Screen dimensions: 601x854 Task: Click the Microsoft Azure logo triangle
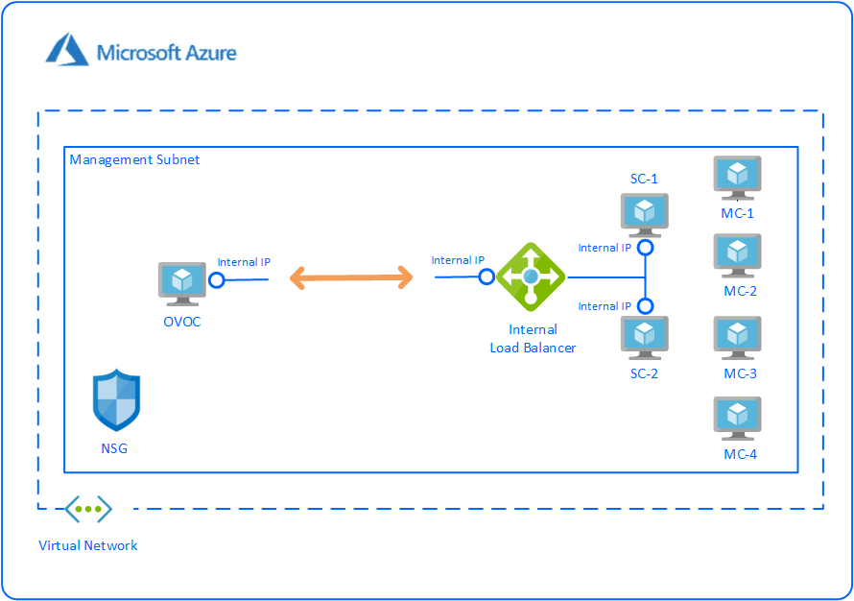(x=67, y=49)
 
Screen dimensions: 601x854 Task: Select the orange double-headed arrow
(x=351, y=278)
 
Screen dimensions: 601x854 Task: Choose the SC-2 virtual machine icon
(x=644, y=337)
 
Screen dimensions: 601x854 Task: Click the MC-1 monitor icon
(x=737, y=178)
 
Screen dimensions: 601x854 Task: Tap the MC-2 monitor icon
(x=737, y=255)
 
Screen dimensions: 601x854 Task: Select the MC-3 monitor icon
(x=737, y=337)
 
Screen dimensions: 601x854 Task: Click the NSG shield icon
(x=116, y=400)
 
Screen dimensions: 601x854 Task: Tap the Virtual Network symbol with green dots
(x=88, y=509)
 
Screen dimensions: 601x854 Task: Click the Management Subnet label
(x=135, y=159)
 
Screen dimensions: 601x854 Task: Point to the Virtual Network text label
(x=88, y=545)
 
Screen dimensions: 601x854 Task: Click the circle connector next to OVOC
(x=217, y=280)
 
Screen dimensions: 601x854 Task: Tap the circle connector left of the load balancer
(x=486, y=276)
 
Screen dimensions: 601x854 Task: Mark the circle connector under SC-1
(x=646, y=248)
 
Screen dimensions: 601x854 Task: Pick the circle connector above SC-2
(x=646, y=306)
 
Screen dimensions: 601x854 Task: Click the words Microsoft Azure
(x=166, y=52)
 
